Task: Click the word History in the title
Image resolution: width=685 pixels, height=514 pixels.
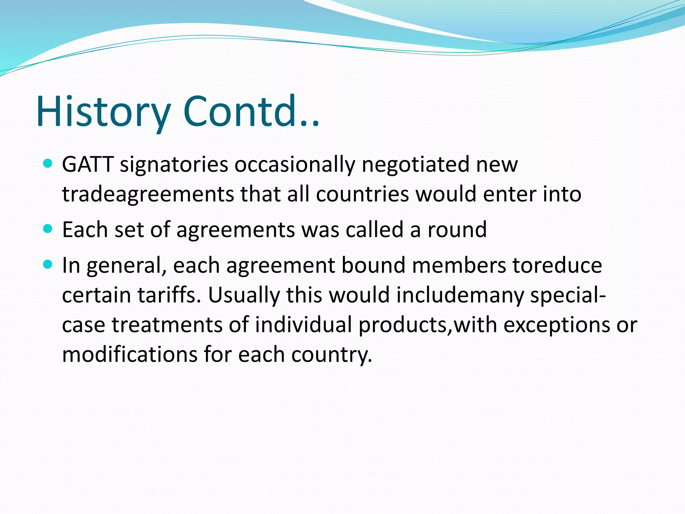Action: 104,111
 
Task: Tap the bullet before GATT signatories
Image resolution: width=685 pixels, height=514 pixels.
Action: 48,164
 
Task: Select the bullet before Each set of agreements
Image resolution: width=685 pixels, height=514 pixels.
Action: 48,229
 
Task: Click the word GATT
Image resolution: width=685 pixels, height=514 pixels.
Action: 88,164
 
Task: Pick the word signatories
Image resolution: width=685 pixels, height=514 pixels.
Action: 174,164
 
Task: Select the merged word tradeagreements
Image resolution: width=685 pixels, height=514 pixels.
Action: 148,194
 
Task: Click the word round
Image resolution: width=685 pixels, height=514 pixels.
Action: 457,230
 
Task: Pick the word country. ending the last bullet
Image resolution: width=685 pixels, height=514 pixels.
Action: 331,354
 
